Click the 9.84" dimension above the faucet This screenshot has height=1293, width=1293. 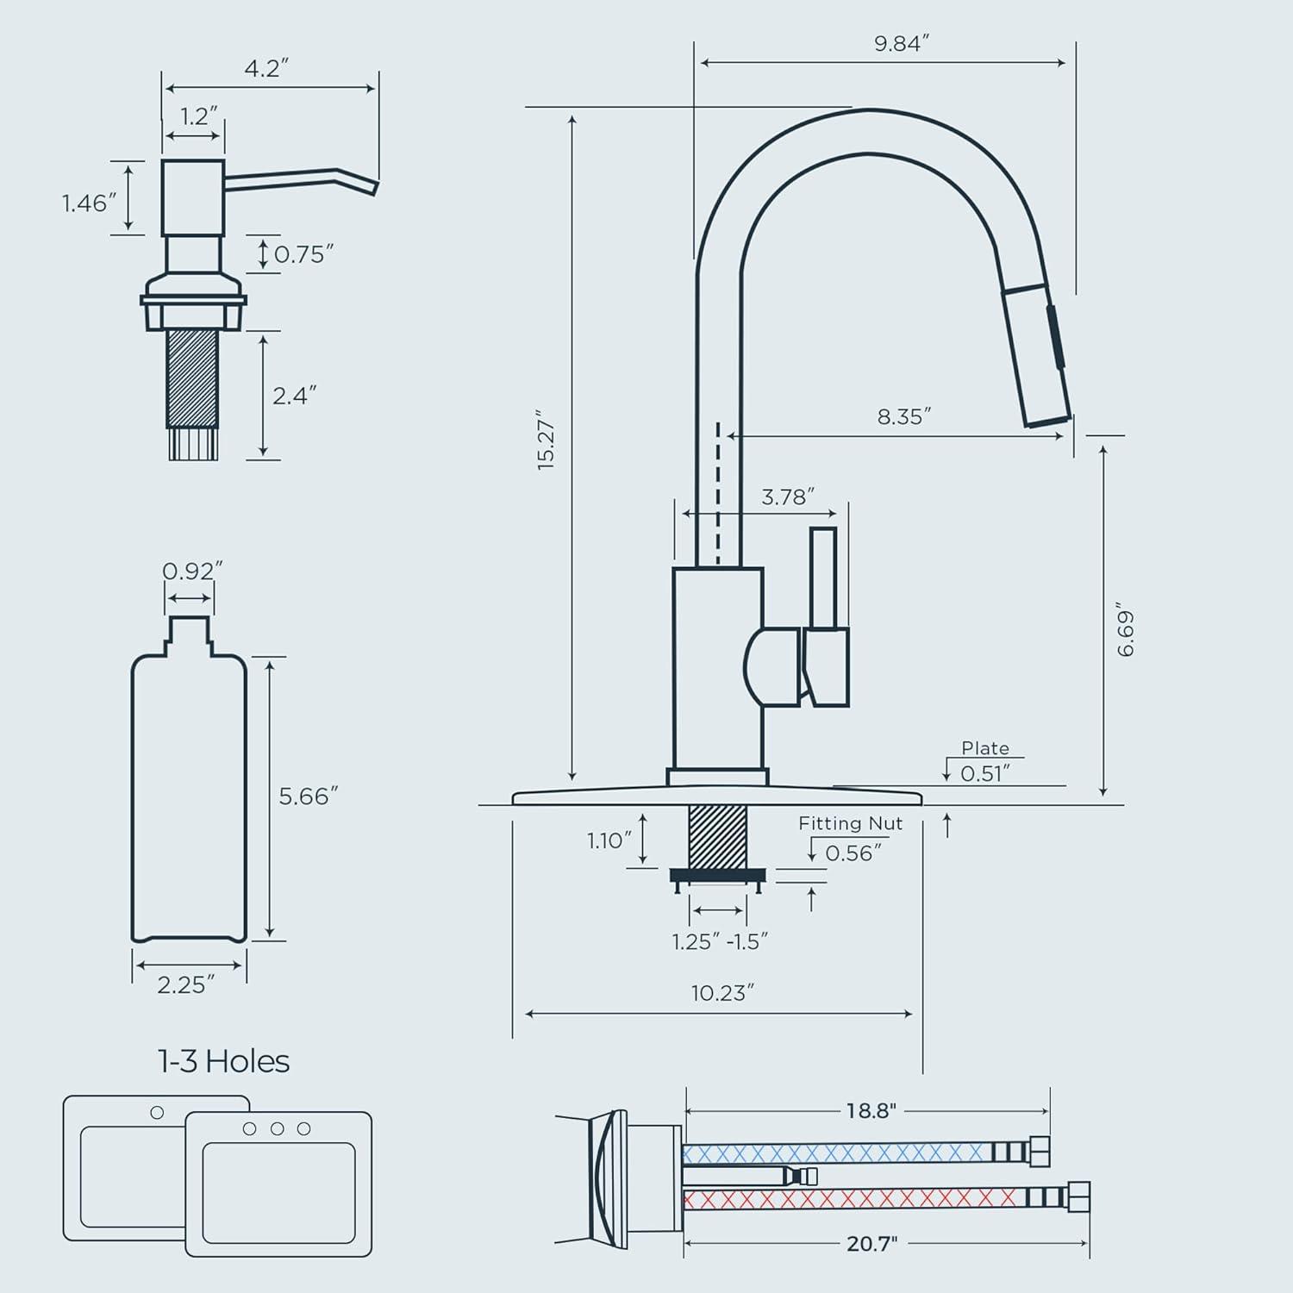tap(901, 44)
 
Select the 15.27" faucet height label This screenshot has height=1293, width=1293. tap(547, 440)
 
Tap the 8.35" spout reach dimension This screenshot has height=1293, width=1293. tap(903, 417)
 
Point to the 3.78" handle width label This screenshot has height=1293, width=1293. tap(787, 497)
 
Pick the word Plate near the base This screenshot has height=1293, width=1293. tap(985, 748)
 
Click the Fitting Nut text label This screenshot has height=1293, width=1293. tap(850, 823)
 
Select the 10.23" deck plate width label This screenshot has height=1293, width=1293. tap(722, 993)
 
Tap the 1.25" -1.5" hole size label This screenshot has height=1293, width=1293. tap(720, 941)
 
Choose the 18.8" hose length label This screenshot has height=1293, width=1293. tap(871, 1111)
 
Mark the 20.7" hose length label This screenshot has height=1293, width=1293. tap(871, 1243)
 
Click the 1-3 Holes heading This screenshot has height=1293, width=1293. tap(223, 1061)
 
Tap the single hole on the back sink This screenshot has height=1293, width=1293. tap(157, 1113)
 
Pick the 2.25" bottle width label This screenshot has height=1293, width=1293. tap(185, 984)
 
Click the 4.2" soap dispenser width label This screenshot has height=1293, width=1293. tap(265, 68)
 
